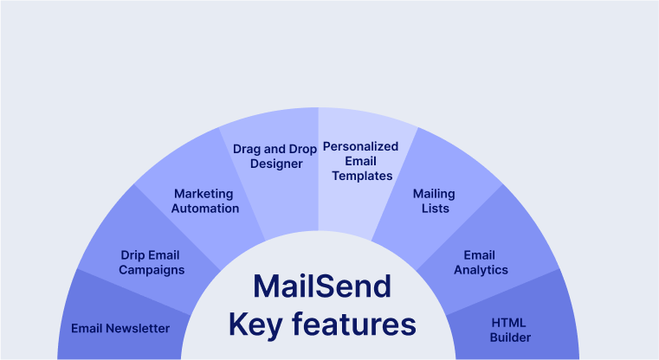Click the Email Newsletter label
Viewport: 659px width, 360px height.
[x=120, y=328]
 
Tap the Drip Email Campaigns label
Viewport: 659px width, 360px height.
[x=152, y=262]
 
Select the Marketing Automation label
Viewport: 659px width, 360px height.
[x=205, y=201]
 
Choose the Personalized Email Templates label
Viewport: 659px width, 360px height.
[x=360, y=161]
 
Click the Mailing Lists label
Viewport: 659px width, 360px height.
[x=434, y=201]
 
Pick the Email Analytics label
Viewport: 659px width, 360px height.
[x=479, y=262]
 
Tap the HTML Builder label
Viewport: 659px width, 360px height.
[x=508, y=330]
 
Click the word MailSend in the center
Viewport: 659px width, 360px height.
[x=322, y=286]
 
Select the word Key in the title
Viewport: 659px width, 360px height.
[x=255, y=325]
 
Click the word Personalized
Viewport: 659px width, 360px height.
[x=360, y=146]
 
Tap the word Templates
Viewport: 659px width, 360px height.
[x=361, y=176]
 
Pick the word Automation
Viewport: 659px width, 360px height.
[x=205, y=209]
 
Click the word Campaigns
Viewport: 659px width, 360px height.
[x=152, y=270]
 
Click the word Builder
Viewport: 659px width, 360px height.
[x=508, y=337]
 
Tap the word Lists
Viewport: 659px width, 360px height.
[x=434, y=209]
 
